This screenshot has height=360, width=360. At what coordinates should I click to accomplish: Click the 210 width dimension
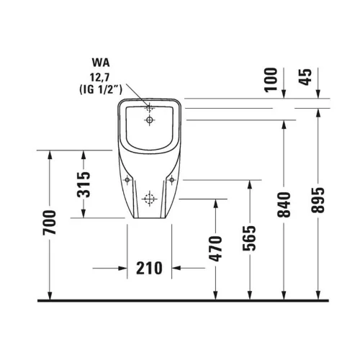[149, 268]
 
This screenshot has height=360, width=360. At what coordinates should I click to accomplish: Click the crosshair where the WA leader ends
[150, 109]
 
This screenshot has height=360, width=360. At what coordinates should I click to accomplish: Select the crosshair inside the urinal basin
[150, 120]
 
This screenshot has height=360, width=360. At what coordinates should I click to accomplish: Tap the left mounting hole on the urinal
[127, 179]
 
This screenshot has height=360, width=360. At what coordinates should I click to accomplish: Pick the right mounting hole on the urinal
[174, 179]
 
